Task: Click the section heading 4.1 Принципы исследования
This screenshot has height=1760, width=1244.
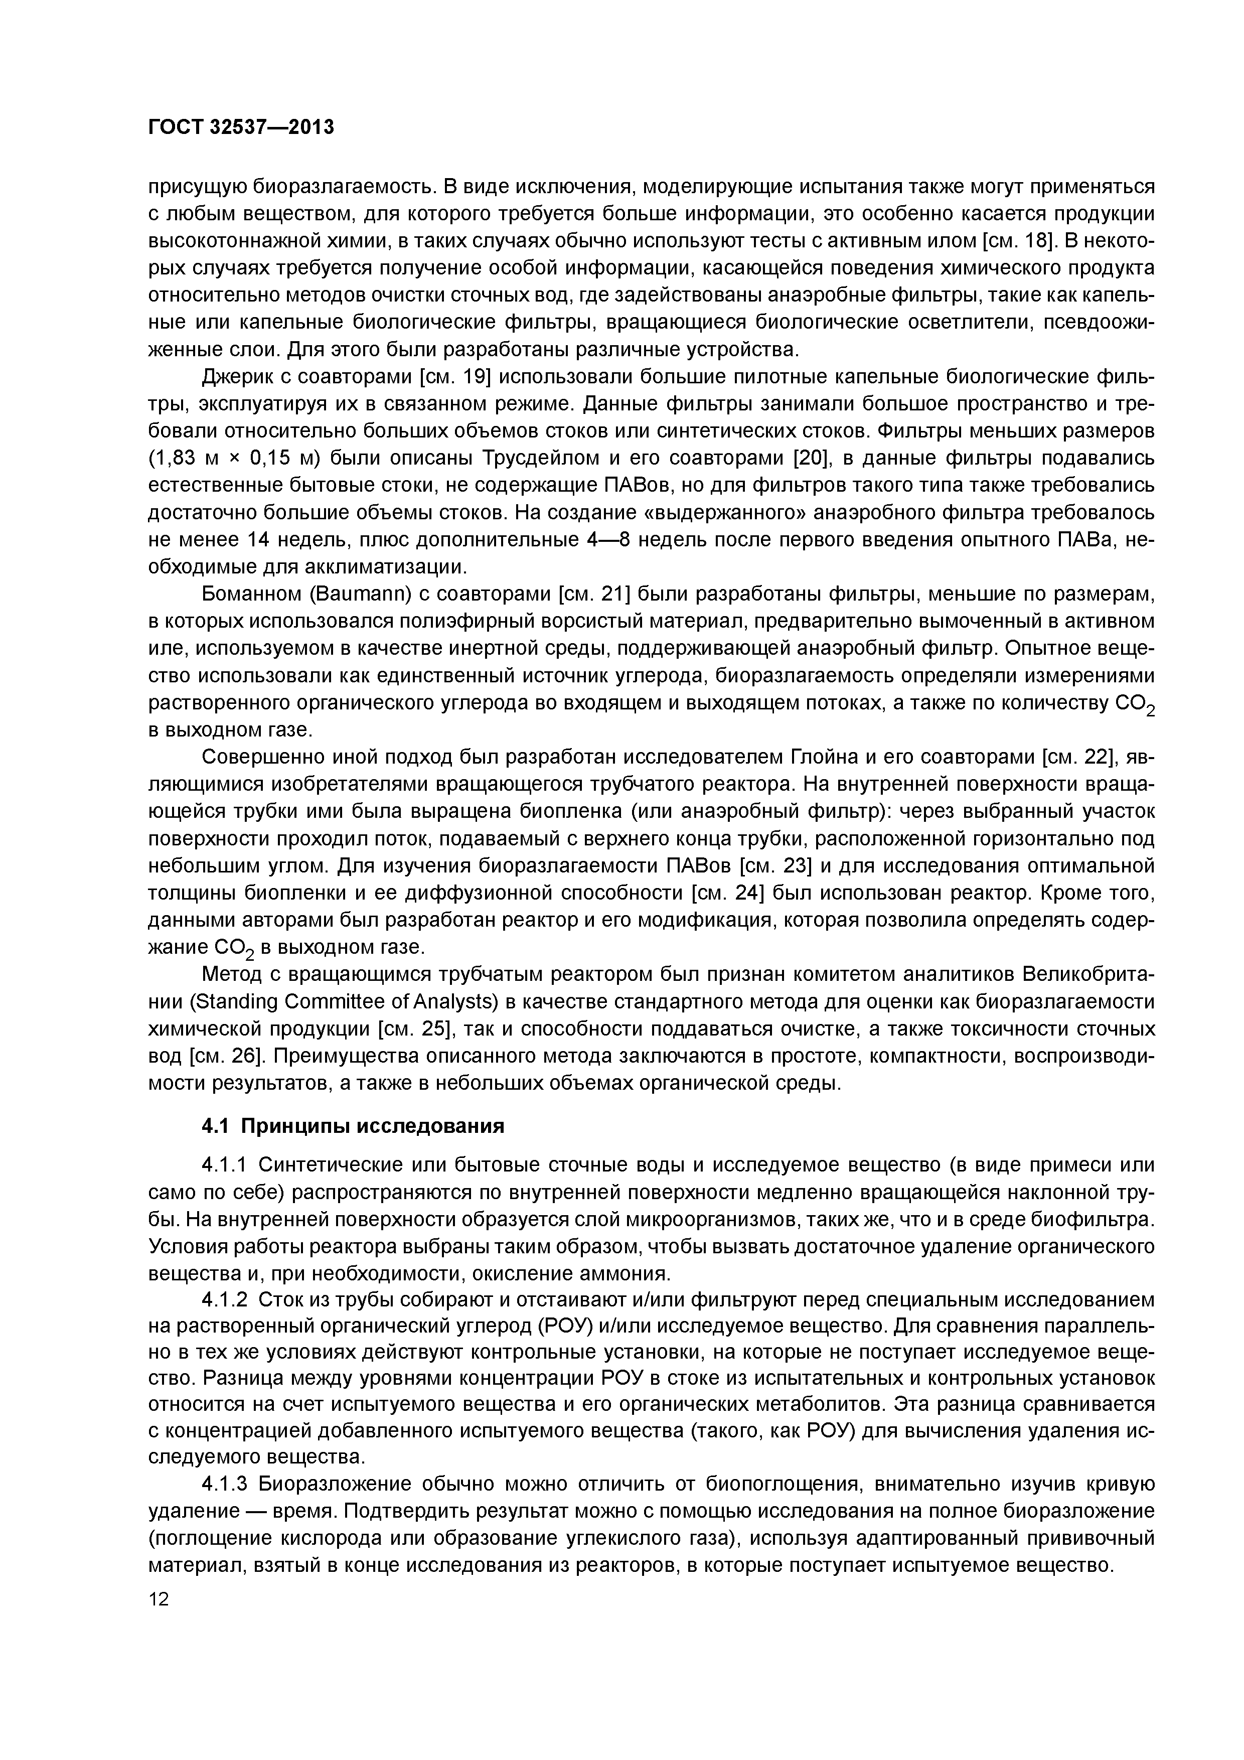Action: pyautogui.click(x=353, y=1125)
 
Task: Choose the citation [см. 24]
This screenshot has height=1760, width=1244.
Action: pyautogui.click(x=729, y=893)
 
